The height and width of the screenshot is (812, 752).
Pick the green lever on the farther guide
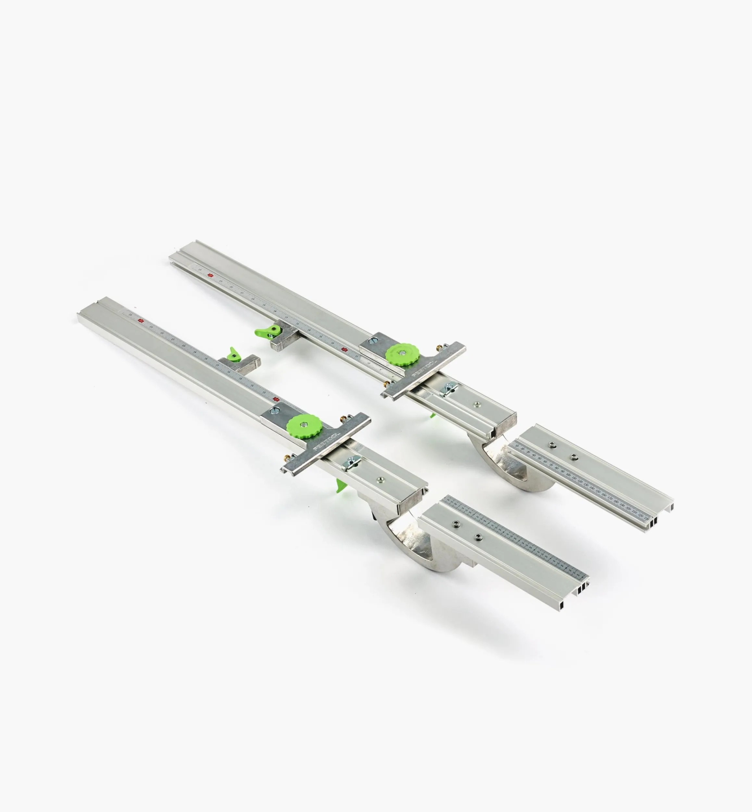click(264, 331)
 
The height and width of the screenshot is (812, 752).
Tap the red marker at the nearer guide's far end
click(141, 321)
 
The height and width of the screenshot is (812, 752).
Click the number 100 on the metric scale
click(569, 475)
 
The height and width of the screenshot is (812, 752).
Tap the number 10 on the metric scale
click(517, 447)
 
